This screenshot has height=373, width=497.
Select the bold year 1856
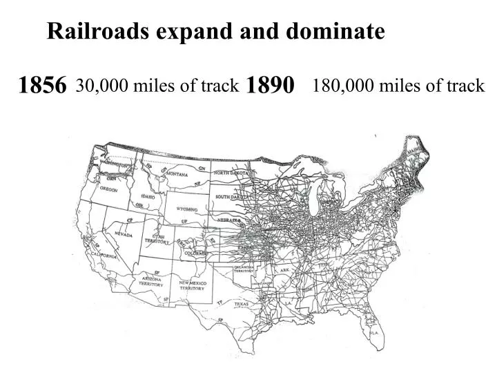pos(42,86)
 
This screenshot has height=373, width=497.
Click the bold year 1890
pos(270,86)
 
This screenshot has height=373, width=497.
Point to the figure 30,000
pos(101,86)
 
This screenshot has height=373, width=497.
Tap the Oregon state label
pos(108,189)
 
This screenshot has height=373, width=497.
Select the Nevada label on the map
pos(123,235)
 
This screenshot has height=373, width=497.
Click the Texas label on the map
pos(241,304)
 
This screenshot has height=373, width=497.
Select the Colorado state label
pos(195,254)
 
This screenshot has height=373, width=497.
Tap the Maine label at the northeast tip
pos(414,148)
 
